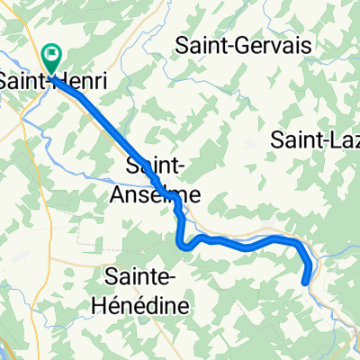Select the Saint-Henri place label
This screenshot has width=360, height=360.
[56, 82]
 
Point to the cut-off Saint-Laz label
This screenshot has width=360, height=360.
[315, 138]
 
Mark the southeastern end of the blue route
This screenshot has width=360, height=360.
[307, 282]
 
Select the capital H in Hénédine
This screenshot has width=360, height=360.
[101, 305]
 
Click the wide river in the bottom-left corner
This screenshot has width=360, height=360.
[7, 346]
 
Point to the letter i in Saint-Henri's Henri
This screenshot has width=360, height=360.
[106, 81]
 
